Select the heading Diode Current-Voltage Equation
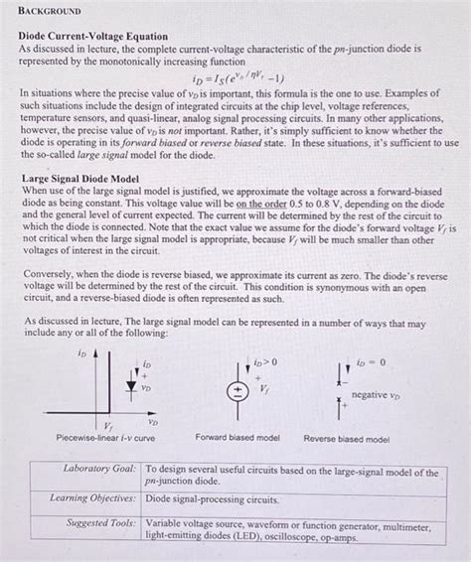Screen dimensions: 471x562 93,36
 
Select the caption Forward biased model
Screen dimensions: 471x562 237,437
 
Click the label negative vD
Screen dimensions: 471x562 383,394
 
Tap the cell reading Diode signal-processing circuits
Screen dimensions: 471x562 213,498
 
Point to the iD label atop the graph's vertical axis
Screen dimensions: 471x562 80,352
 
